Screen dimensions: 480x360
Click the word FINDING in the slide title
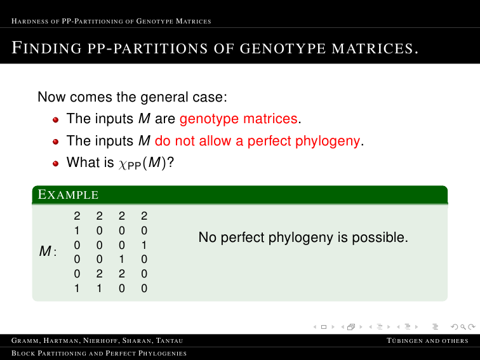coord(47,48)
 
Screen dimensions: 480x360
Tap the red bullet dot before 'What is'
coord(55,163)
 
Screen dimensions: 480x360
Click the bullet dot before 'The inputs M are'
coord(55,120)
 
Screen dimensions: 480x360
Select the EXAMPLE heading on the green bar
coord(68,194)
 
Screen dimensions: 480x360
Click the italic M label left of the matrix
coord(45,251)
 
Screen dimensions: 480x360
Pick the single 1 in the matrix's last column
coord(144,245)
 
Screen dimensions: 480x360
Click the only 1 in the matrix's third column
coord(122,259)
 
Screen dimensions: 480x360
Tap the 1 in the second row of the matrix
coord(77,230)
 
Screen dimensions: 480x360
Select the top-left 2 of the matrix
coord(77,216)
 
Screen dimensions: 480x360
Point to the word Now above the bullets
coord(51,97)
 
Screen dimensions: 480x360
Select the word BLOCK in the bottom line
coord(23,353)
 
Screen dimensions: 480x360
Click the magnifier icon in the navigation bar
coord(463,327)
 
